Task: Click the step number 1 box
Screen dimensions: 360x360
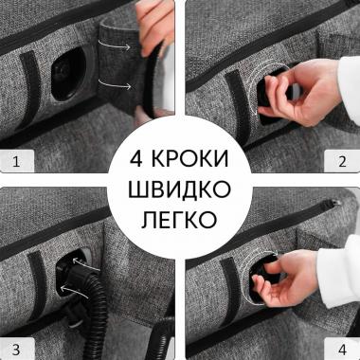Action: [x=16, y=161]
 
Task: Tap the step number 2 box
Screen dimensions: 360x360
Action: [x=344, y=161]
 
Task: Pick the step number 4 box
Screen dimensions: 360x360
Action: [x=342, y=342]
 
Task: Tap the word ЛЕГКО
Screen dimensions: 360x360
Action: [x=180, y=221]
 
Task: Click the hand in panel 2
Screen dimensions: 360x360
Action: [x=284, y=104]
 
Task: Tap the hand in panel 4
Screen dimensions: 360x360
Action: [x=284, y=284]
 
